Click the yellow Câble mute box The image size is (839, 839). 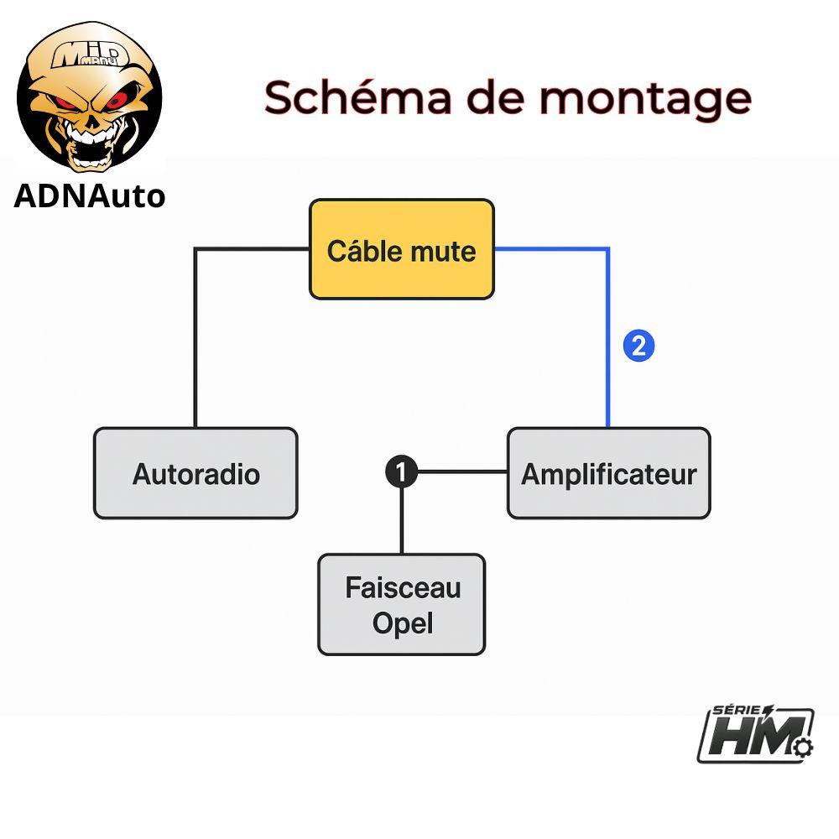click(401, 248)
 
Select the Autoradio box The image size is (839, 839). click(195, 473)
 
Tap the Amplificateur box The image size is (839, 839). click(608, 473)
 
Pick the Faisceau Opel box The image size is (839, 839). click(402, 604)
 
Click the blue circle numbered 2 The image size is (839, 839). click(639, 346)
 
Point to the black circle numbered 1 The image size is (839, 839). click(401, 472)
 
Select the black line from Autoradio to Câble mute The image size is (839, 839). click(195, 336)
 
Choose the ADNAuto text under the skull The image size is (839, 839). click(89, 195)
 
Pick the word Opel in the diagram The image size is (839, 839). click(403, 624)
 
